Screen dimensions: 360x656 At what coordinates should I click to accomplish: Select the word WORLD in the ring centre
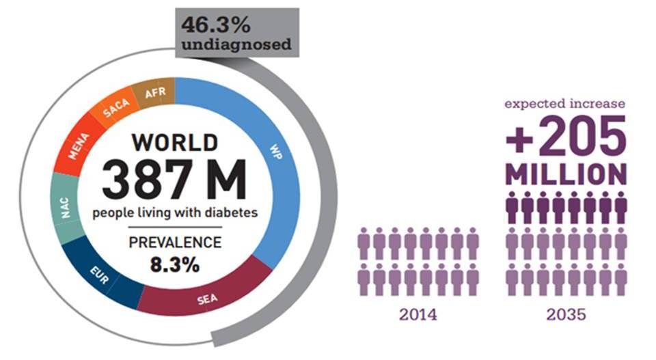click(175, 143)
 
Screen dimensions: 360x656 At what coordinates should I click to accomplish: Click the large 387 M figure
click(175, 180)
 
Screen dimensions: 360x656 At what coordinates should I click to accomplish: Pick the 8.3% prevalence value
click(176, 264)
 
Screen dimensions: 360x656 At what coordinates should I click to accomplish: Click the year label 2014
click(419, 315)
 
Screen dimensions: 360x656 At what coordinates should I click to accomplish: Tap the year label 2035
click(566, 315)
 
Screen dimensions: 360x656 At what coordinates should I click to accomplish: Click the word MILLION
click(566, 174)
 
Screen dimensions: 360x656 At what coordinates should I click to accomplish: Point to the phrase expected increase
click(565, 103)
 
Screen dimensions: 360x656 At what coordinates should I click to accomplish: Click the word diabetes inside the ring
click(232, 213)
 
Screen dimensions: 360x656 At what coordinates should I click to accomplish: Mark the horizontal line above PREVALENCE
click(176, 226)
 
